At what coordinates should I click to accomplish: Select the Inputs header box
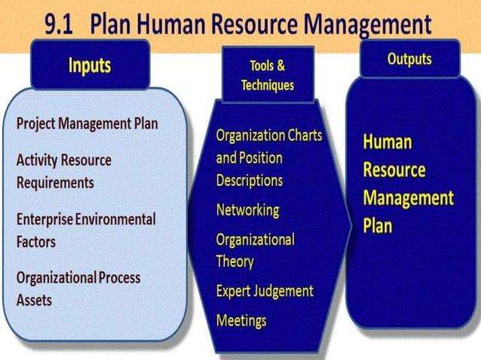(x=89, y=65)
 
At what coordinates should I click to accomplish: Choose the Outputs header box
(x=409, y=59)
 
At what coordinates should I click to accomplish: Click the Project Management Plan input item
(x=87, y=124)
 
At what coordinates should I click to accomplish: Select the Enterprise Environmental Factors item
(x=86, y=230)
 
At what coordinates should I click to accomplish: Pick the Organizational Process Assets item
(x=78, y=288)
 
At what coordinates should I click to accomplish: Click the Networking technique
(x=247, y=209)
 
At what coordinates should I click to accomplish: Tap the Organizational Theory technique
(x=255, y=250)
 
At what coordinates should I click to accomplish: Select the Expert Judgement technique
(x=265, y=291)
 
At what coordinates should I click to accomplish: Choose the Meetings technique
(x=241, y=320)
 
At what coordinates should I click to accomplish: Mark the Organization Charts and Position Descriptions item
(x=268, y=157)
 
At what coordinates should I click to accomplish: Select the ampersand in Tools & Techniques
(x=279, y=66)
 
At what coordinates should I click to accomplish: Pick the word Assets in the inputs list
(x=34, y=299)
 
